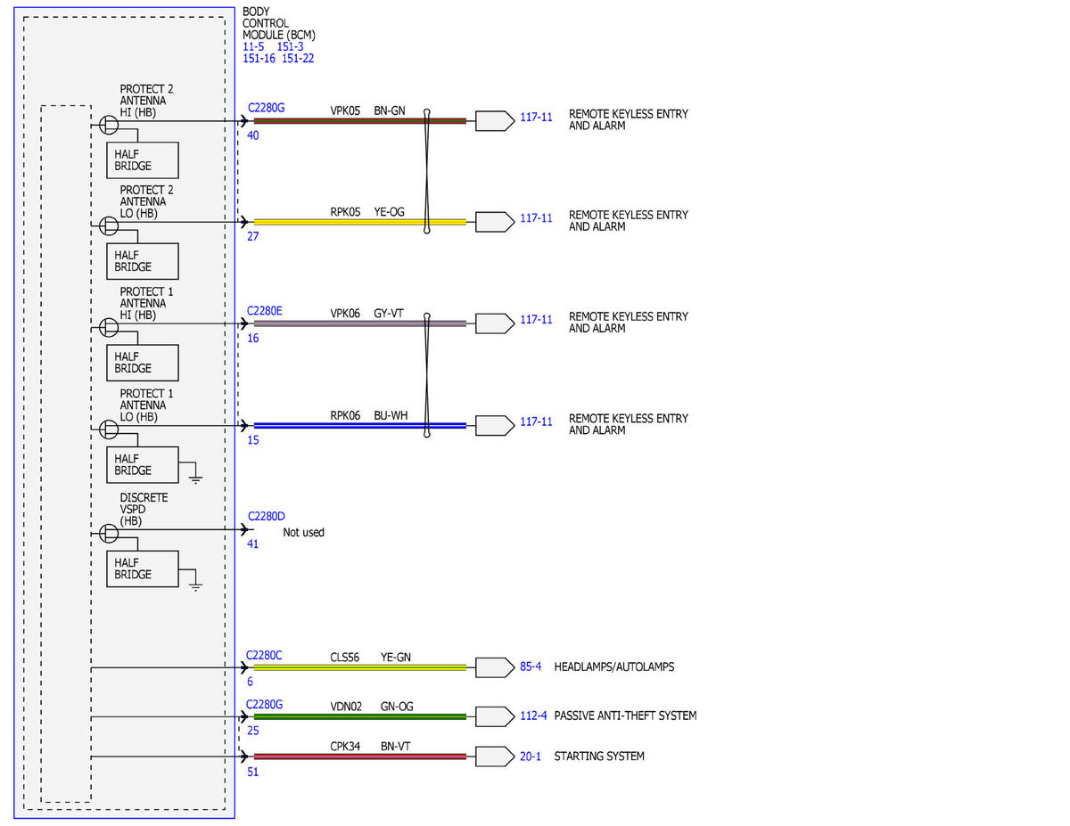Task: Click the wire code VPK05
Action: point(345,110)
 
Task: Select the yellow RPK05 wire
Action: point(359,222)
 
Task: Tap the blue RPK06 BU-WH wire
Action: point(359,426)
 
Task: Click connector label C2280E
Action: point(265,311)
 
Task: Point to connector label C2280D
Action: point(266,516)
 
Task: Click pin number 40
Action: point(252,135)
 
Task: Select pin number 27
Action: point(252,236)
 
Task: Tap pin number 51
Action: point(252,772)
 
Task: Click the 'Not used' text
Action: point(303,532)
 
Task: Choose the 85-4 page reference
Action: point(531,667)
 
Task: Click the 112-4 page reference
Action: point(533,716)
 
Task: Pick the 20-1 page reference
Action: point(531,756)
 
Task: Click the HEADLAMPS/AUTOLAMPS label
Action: point(614,667)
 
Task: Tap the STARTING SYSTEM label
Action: point(599,756)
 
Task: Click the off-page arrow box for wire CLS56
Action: point(495,667)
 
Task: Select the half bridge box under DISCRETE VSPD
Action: point(143,568)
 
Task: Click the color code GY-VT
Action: point(389,314)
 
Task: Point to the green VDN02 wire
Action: point(359,716)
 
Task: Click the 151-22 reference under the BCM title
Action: point(298,59)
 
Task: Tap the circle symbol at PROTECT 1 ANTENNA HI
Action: point(109,327)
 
